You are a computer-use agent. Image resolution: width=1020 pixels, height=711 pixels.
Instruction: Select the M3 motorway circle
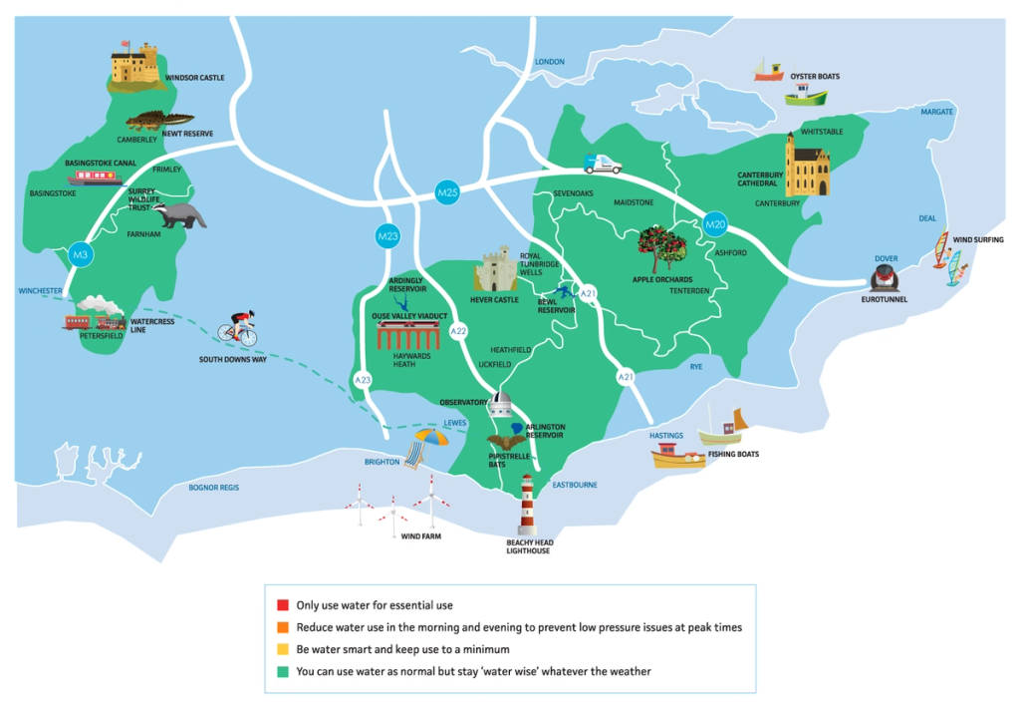[x=81, y=256]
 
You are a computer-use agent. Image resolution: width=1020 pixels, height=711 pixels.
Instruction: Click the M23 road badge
[x=387, y=236]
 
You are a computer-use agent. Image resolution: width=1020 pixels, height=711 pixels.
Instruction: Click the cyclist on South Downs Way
[x=239, y=328]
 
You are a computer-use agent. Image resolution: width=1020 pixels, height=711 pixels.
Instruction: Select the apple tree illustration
[x=660, y=248]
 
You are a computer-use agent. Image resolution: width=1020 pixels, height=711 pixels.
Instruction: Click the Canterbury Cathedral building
[x=806, y=165]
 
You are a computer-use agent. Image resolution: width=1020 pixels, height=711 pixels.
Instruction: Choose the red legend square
[x=283, y=605]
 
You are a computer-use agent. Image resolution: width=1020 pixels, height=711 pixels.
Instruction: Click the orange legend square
[x=283, y=627]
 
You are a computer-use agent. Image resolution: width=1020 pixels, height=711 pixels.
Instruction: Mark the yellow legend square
[x=283, y=649]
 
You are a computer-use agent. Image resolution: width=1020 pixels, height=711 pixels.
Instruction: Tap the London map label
[x=550, y=62]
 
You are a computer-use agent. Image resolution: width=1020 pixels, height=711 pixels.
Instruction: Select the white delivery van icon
[x=603, y=165]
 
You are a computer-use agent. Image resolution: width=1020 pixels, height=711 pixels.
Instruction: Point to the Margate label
[x=936, y=112]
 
